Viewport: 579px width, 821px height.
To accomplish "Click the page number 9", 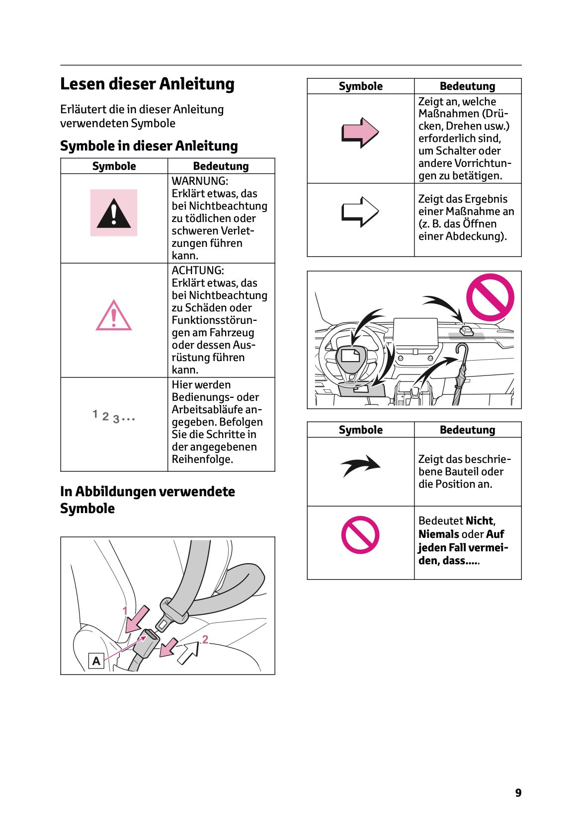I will (518, 793).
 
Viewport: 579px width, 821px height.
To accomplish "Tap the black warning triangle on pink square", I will (114, 213).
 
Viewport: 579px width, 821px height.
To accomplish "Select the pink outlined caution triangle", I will (114, 316).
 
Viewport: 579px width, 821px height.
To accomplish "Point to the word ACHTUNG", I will (197, 271).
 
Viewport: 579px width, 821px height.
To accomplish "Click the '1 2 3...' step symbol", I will (113, 416).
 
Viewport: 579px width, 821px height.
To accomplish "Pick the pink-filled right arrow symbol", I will (360, 133).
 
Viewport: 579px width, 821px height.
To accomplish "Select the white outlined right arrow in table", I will (360, 212).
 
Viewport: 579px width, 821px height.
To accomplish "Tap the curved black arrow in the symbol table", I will (360, 465).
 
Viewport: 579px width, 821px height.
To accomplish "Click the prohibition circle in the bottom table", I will (360, 535).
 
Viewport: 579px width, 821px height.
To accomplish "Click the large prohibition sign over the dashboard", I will (490, 297).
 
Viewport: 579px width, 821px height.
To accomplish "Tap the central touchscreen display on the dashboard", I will (415, 333).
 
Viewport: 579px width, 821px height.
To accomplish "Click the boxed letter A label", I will (96, 661).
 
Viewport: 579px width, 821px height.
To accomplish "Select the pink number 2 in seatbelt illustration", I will (205, 639).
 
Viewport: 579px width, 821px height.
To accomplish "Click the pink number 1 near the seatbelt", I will (125, 610).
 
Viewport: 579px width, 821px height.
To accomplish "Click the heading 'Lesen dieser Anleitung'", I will (147, 84).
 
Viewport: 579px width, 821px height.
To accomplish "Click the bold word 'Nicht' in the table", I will (480, 521).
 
